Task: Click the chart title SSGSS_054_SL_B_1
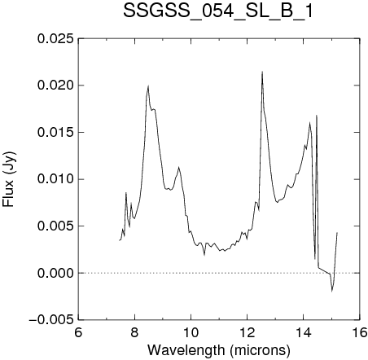click(218, 11)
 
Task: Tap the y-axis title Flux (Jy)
click(9, 179)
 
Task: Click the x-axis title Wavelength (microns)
click(219, 349)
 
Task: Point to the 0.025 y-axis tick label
click(55, 38)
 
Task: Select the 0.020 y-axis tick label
click(55, 86)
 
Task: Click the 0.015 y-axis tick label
click(55, 132)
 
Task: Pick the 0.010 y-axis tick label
click(55, 179)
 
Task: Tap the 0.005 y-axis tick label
click(55, 226)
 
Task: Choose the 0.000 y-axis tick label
click(55, 273)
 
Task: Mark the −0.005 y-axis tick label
click(51, 319)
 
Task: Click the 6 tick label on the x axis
click(78, 332)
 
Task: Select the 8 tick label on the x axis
click(134, 332)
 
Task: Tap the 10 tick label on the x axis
click(191, 332)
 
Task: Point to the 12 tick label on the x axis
click(247, 332)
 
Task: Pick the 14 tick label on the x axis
click(304, 332)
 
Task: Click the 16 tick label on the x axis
click(360, 332)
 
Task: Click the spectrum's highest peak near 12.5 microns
click(262, 72)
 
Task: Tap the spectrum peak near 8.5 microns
click(148, 86)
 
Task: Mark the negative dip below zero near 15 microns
click(332, 291)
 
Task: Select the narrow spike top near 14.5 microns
click(317, 116)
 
